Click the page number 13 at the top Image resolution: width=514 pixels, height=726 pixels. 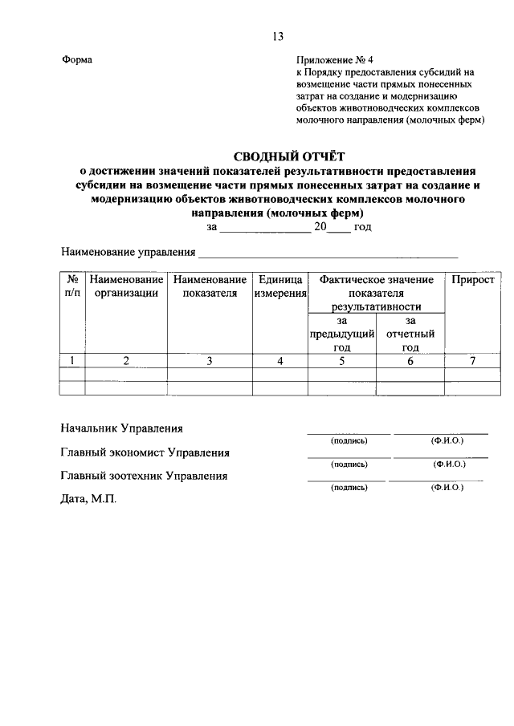(278, 36)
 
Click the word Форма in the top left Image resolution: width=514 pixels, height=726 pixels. (77, 59)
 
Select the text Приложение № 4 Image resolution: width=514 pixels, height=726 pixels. (329, 59)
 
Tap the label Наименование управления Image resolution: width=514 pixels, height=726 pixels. (128, 252)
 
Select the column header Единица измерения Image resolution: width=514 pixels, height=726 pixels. (280, 286)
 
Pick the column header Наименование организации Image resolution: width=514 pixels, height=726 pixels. (126, 286)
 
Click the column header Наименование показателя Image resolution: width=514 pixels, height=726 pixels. (210, 286)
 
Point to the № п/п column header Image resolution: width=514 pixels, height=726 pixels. (72, 286)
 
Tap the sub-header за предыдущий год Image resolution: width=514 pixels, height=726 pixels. (342, 334)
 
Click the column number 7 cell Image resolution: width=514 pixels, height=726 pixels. (473, 361)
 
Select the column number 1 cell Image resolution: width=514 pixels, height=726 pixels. (72, 361)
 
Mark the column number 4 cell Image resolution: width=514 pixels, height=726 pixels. (280, 361)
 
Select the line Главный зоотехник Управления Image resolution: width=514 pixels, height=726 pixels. (144, 476)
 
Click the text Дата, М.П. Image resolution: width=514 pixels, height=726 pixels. (88, 499)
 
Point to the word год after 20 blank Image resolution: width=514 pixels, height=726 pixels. (362, 227)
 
